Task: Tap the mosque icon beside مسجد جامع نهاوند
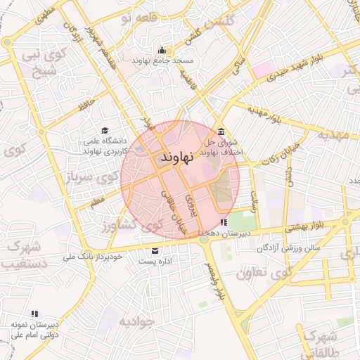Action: (163, 50)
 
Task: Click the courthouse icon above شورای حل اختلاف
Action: (221, 131)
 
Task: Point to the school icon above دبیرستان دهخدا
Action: (224, 222)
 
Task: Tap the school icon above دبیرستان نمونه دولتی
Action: (34, 313)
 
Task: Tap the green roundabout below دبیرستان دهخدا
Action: (204, 239)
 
